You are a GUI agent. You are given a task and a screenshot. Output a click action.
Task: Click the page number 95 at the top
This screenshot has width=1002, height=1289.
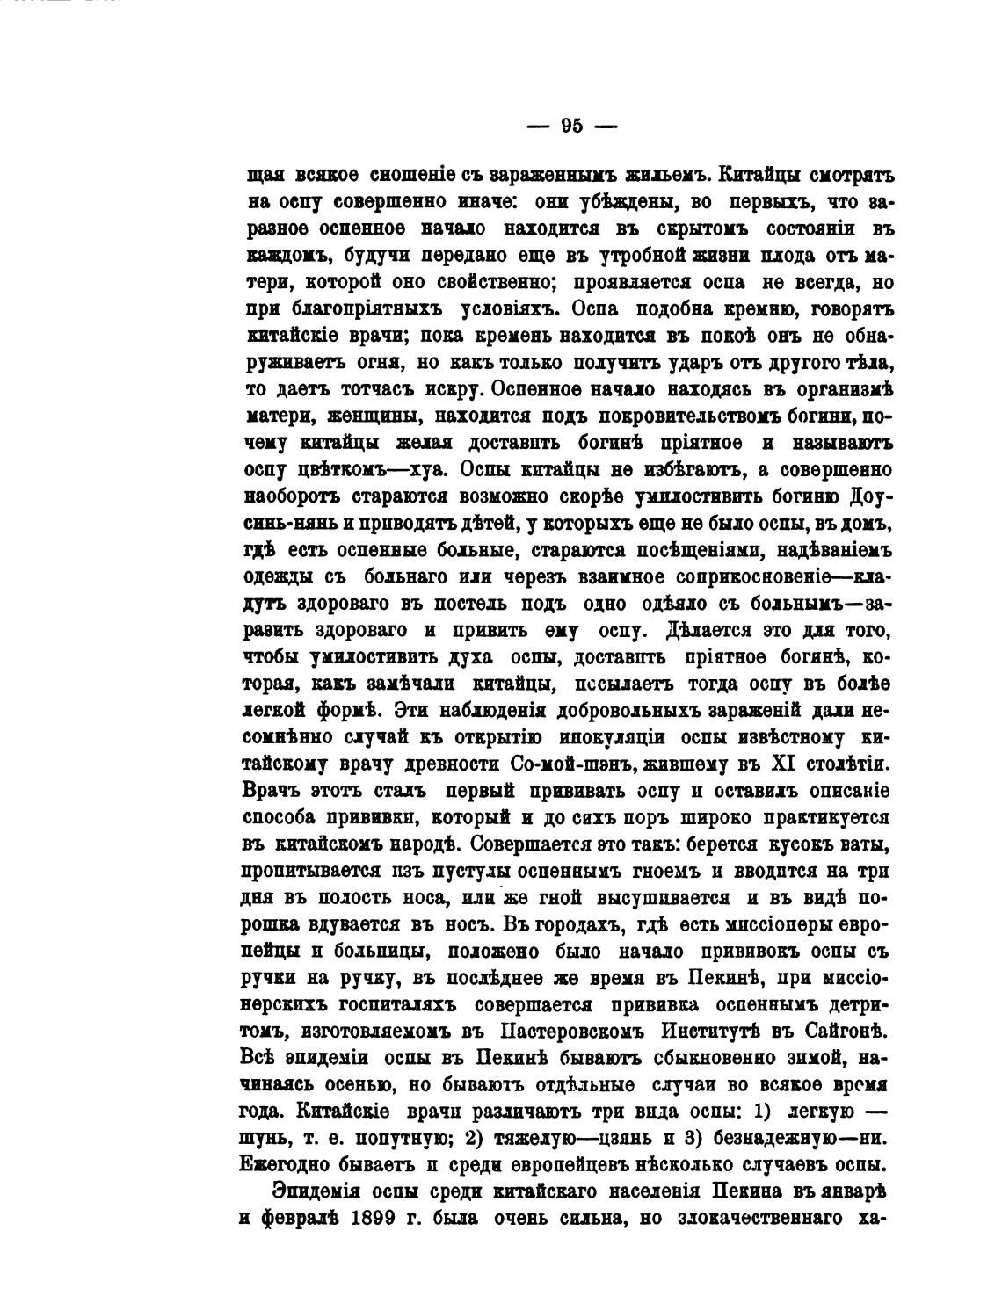(x=571, y=126)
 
